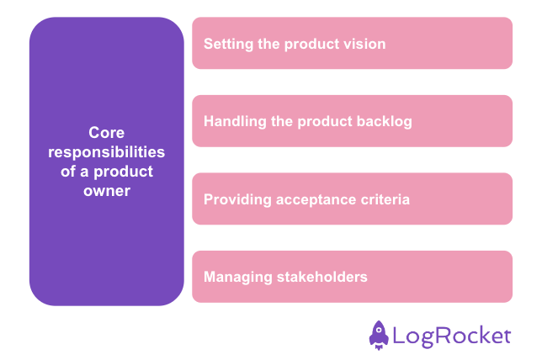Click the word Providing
[x=236, y=199]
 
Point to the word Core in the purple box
[x=106, y=132]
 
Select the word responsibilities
[x=106, y=152]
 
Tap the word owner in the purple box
[x=106, y=191]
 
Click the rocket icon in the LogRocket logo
[x=379, y=334]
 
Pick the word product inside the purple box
[x=125, y=172]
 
